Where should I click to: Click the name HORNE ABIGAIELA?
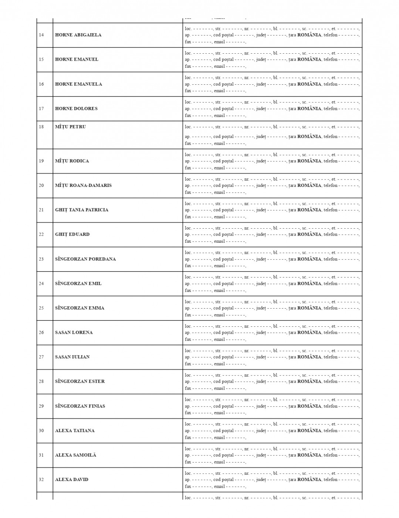(78, 35)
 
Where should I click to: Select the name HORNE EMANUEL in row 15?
(77, 59)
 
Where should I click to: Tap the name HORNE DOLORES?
(76, 108)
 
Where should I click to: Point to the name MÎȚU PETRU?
(70, 127)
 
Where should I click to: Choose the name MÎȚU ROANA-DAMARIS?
(83, 185)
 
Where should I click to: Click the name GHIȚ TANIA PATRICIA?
(82, 210)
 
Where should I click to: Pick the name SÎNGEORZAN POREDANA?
(85, 259)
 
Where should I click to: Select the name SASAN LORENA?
(74, 332)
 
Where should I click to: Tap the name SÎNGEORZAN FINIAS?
(80, 406)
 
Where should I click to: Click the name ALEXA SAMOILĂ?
(75, 455)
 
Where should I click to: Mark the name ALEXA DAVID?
(72, 480)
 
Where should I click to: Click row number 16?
(41, 84)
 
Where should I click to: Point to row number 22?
(41, 234)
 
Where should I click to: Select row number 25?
(41, 308)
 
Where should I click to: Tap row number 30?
(41, 430)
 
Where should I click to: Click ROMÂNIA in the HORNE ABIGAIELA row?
(309, 35)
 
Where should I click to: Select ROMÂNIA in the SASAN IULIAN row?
(309, 357)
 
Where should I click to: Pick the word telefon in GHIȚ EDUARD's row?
(330, 234)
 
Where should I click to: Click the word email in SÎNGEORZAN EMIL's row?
(219, 290)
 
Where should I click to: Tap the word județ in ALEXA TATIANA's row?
(261, 431)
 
